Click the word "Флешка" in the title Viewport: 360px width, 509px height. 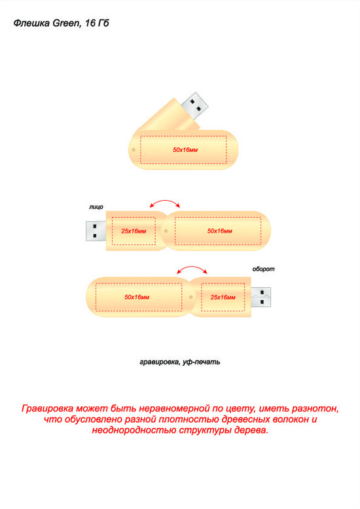tap(32, 23)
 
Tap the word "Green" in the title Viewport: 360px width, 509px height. tap(66, 23)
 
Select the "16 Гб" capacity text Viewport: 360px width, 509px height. tap(97, 23)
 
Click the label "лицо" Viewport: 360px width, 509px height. tap(96, 207)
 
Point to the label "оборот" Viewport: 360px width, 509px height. tap(264, 269)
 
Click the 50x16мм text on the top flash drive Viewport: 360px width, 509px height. tap(185, 150)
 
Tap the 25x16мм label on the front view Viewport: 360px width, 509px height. tap(134, 231)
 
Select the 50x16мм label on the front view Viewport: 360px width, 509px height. tap(220, 231)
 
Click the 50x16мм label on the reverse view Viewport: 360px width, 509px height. tap(137, 297)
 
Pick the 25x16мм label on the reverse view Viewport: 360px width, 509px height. tap(223, 297)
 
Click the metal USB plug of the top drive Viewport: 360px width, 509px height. tap(194, 105)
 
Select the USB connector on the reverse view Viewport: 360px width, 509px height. tap(261, 297)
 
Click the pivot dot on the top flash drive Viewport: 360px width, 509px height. tap(134, 150)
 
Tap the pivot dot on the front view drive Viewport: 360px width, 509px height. tap(166, 231)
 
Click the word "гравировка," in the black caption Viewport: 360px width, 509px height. tap(159, 362)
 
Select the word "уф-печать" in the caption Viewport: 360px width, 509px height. tap(201, 362)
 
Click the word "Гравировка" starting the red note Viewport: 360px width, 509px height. tap(47, 408)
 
